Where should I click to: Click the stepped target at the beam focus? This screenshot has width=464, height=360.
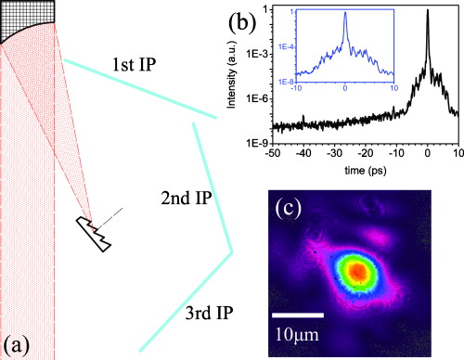point(95,232)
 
